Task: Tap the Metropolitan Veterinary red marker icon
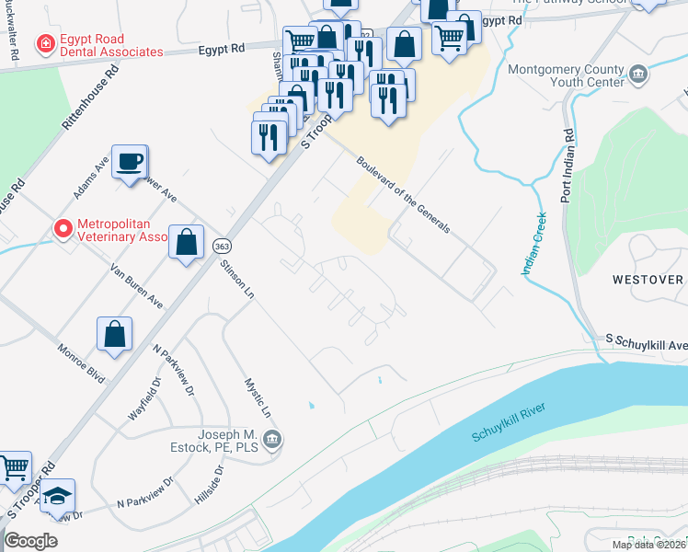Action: click(63, 227)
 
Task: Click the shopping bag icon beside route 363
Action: click(186, 243)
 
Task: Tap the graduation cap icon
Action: click(57, 497)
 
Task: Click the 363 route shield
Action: click(222, 247)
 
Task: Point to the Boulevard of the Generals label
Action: click(403, 193)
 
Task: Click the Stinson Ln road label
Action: click(236, 280)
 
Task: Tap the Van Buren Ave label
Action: click(136, 286)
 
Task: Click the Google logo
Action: click(30, 541)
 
